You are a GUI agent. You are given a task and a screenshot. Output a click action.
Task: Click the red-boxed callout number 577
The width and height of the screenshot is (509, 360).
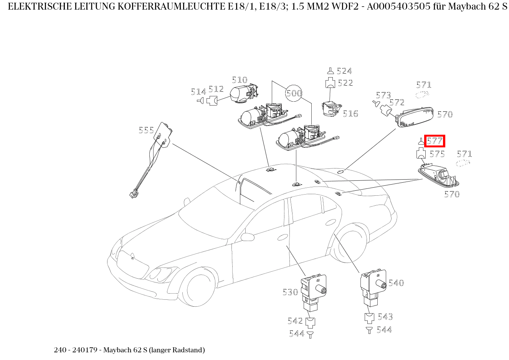435,141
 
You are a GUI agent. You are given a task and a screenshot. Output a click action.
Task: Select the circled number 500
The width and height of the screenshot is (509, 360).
294,93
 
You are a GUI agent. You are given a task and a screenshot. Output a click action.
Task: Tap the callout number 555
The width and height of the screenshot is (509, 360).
146,130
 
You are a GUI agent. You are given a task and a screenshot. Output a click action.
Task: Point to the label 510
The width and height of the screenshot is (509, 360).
240,80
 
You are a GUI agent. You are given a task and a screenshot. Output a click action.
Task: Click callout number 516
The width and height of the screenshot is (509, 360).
350,114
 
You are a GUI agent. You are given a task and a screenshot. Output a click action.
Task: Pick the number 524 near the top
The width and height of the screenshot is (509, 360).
344,71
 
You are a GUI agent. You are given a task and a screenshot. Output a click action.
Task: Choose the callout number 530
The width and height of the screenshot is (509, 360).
290,292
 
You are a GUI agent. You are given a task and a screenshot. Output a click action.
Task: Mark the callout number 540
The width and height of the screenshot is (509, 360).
396,283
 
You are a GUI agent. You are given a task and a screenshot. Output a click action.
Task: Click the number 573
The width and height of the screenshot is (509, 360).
383,95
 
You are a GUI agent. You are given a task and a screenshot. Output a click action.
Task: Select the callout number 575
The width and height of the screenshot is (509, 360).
437,154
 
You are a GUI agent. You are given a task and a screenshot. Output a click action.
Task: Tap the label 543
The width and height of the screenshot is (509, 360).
385,317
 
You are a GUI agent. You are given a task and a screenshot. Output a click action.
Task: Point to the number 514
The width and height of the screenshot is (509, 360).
198,92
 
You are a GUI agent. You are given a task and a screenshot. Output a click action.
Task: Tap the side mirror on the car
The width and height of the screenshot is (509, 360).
248,236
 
